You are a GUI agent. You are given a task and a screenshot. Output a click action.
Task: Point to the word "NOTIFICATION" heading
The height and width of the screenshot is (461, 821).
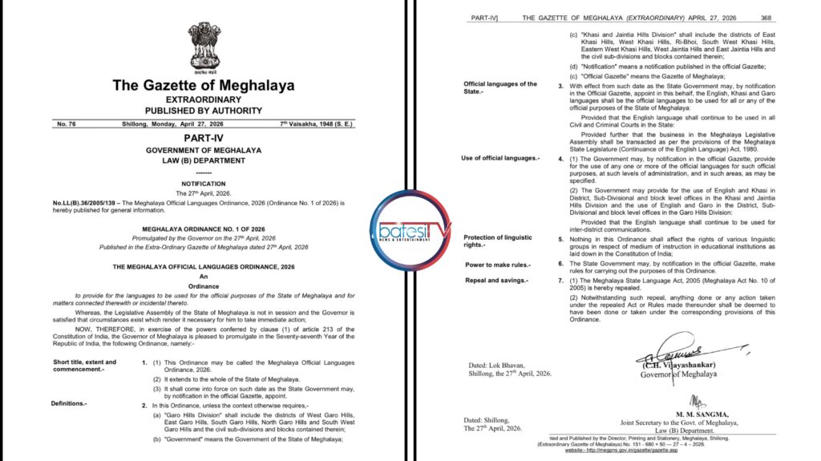204,184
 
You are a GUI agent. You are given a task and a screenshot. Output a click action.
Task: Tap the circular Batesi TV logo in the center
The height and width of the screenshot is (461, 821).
410,231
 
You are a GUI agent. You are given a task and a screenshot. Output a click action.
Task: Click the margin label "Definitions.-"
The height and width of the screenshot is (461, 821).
69,403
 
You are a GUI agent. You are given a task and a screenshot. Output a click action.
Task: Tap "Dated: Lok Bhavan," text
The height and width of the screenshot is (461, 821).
499,364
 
